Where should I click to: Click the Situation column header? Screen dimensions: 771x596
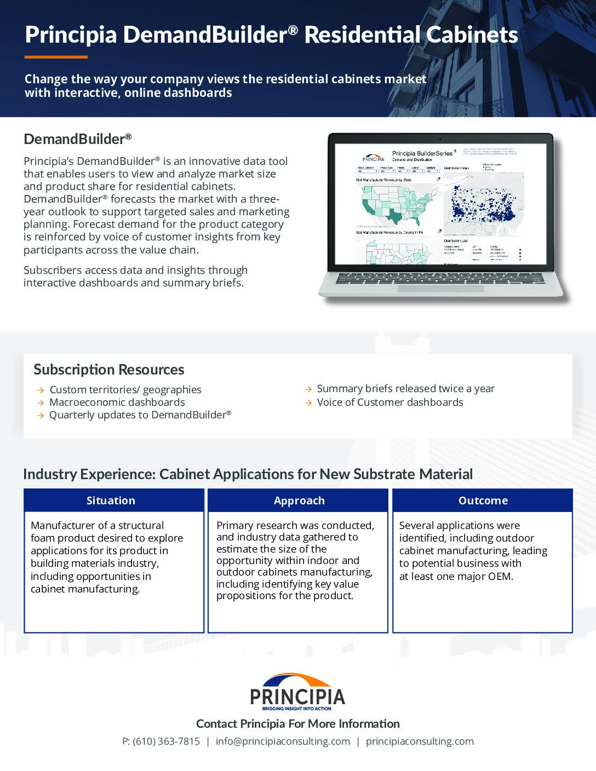point(111,500)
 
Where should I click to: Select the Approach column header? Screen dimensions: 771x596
point(299,500)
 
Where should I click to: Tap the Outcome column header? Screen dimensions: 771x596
point(483,500)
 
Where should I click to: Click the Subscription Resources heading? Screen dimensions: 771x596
point(109,370)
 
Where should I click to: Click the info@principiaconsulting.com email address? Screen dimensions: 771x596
point(283,741)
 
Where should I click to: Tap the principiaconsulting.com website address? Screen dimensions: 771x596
point(420,741)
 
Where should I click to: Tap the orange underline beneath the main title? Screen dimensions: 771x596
point(56,57)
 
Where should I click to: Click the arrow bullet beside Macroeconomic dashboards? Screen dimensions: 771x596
point(41,402)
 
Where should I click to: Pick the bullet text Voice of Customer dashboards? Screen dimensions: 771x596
point(390,402)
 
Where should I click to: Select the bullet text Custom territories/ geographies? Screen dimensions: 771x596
point(125,389)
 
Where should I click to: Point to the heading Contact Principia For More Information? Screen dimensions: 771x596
point(298,723)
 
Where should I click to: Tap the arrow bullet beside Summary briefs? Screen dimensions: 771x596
point(308,389)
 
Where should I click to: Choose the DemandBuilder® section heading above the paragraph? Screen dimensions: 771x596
point(78,139)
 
